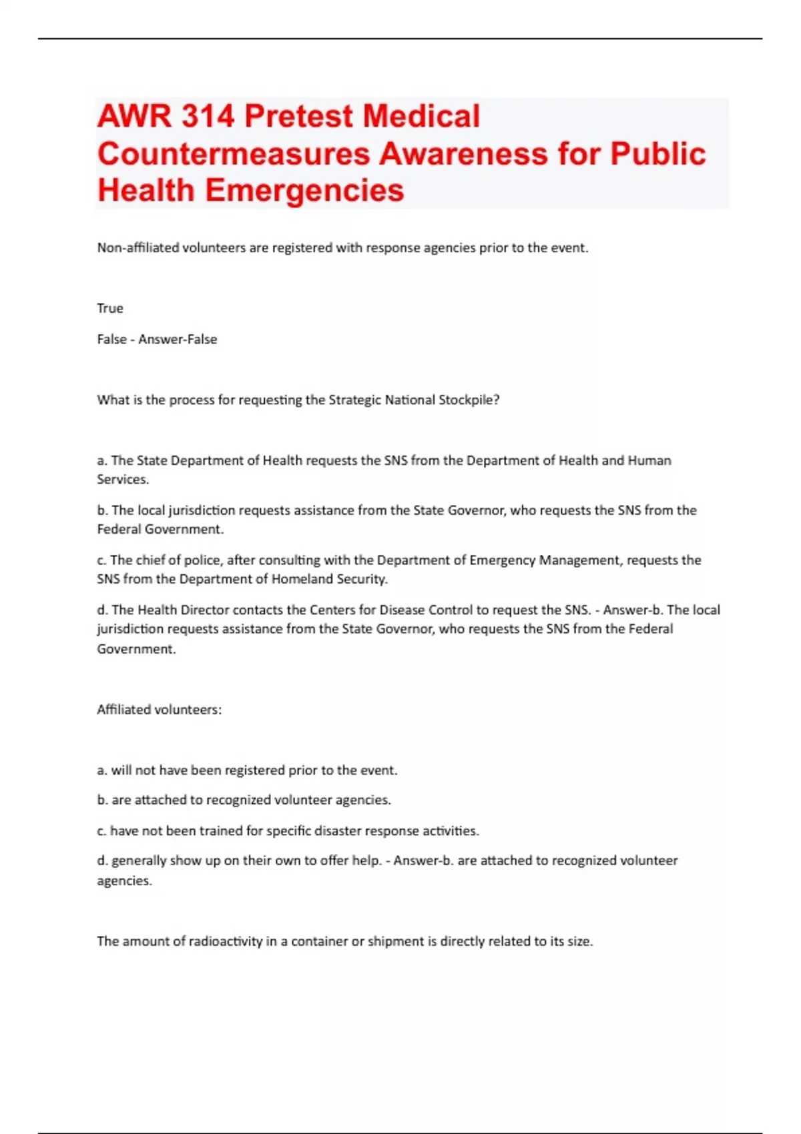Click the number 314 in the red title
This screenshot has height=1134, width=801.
pyautogui.click(x=207, y=117)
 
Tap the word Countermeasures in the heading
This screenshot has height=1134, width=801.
pyautogui.click(x=234, y=154)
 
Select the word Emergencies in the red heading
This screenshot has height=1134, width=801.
pyautogui.click(x=304, y=191)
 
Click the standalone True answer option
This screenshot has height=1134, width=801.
pyautogui.click(x=110, y=308)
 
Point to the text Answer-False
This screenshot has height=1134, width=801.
pyautogui.click(x=178, y=339)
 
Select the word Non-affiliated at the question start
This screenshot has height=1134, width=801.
pyautogui.click(x=138, y=247)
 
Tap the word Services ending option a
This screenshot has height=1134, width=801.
pyautogui.click(x=122, y=479)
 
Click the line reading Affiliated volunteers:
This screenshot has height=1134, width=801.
pyautogui.click(x=159, y=710)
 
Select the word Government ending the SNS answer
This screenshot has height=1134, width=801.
pyautogui.click(x=136, y=649)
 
